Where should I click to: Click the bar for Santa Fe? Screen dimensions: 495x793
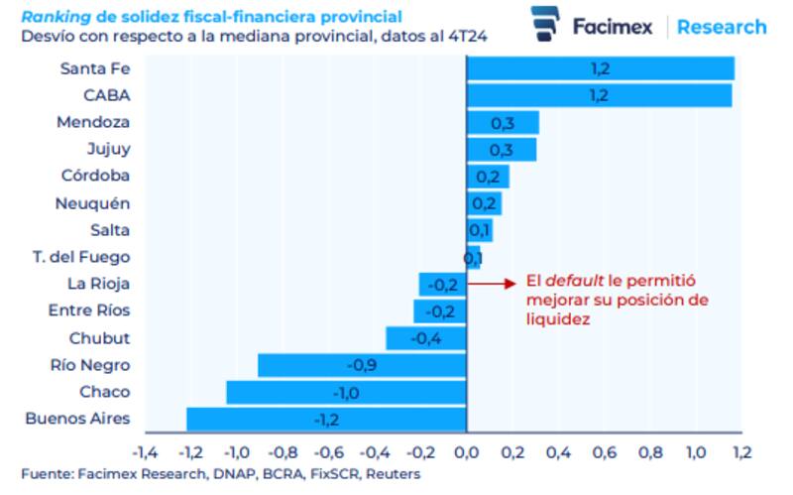[600, 68]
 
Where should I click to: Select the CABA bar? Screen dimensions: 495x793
[599, 95]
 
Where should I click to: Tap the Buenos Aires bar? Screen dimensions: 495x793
[326, 419]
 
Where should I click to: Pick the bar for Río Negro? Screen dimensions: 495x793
[362, 365]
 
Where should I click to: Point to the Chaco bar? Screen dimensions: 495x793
[346, 392]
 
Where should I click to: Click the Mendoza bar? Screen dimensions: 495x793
[503, 122]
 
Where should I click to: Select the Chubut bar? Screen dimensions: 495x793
[426, 338]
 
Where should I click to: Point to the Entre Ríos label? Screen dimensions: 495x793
[89, 310]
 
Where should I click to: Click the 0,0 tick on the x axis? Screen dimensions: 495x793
[466, 452]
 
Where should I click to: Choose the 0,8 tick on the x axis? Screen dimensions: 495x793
[649, 452]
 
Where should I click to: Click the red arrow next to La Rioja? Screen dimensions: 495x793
[493, 284]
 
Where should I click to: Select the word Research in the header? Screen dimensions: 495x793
[722, 27]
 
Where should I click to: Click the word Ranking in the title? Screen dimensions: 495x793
[52, 17]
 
